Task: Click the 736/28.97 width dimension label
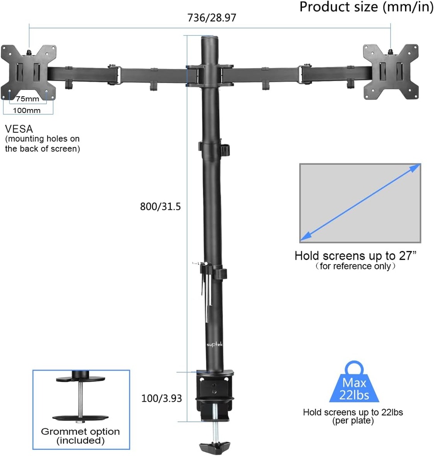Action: [x=211, y=18]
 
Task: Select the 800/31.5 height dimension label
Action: [x=160, y=207]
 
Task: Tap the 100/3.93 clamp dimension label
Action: [x=161, y=399]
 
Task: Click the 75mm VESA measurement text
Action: [x=28, y=99]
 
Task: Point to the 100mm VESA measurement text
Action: [x=28, y=110]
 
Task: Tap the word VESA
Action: [x=19, y=129]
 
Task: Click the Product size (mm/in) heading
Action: [x=363, y=7]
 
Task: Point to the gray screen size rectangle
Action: [x=360, y=203]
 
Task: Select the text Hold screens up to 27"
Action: [x=355, y=256]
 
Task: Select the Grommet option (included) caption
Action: [x=80, y=436]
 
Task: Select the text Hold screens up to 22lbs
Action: [x=353, y=412]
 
